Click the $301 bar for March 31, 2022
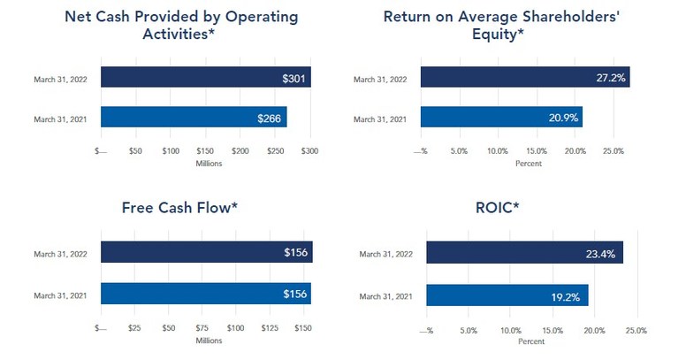(x=206, y=78)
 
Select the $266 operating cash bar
(x=194, y=118)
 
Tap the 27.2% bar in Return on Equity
(x=525, y=78)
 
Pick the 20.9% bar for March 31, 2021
(x=501, y=118)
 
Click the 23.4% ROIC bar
(x=524, y=253)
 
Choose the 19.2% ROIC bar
(x=507, y=295)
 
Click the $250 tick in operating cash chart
(x=240, y=151)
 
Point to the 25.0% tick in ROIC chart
(x=636, y=330)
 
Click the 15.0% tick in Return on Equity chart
(x=537, y=151)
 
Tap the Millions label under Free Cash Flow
(x=208, y=341)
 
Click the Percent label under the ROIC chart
(x=530, y=341)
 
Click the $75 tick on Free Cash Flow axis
(x=202, y=329)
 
